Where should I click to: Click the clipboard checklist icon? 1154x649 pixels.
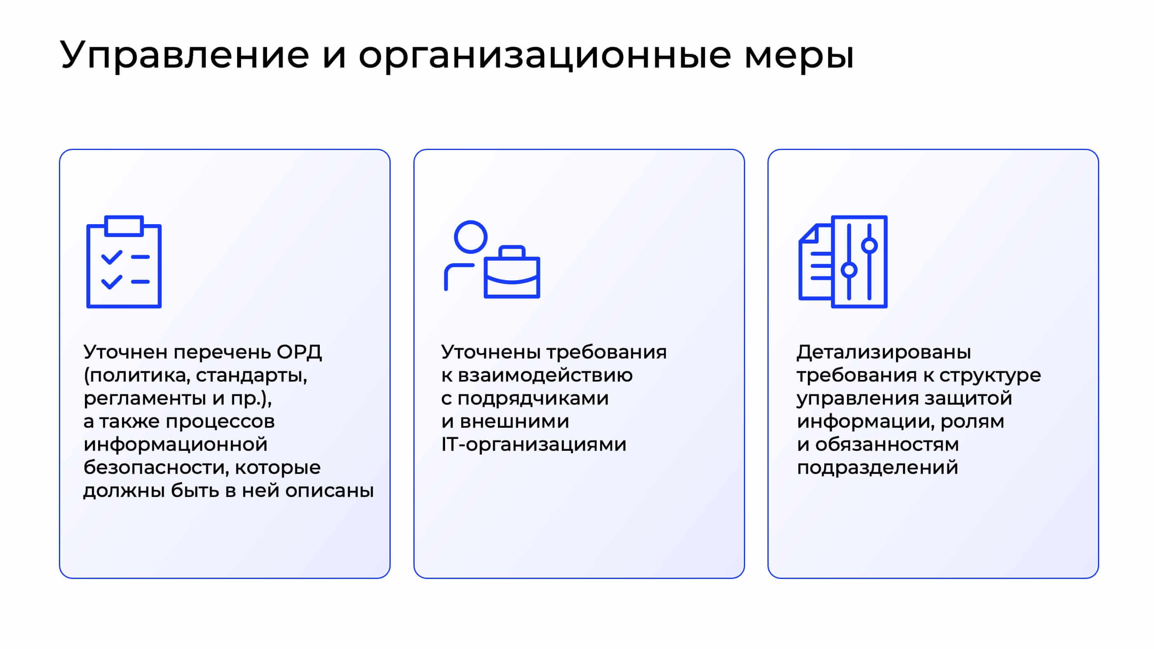pyautogui.click(x=124, y=262)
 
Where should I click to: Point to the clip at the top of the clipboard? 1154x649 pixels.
pyautogui.click(x=124, y=226)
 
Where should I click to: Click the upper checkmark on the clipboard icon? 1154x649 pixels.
pyautogui.click(x=112, y=257)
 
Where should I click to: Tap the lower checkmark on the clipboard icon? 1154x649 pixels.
pyautogui.click(x=112, y=282)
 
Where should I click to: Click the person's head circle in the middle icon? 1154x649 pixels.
pyautogui.click(x=470, y=237)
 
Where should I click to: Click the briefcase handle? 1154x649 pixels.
pyautogui.click(x=511, y=251)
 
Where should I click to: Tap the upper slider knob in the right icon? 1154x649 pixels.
pyautogui.click(x=869, y=246)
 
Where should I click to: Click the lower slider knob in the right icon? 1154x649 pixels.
pyautogui.click(x=849, y=270)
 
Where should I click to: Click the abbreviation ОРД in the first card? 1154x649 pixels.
pyautogui.click(x=299, y=352)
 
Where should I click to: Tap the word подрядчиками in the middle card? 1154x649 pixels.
pyautogui.click(x=532, y=398)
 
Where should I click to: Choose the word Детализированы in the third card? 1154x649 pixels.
pyautogui.click(x=883, y=352)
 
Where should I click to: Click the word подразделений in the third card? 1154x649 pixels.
pyautogui.click(x=877, y=468)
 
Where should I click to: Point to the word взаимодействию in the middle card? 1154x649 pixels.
pyautogui.click(x=545, y=375)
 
